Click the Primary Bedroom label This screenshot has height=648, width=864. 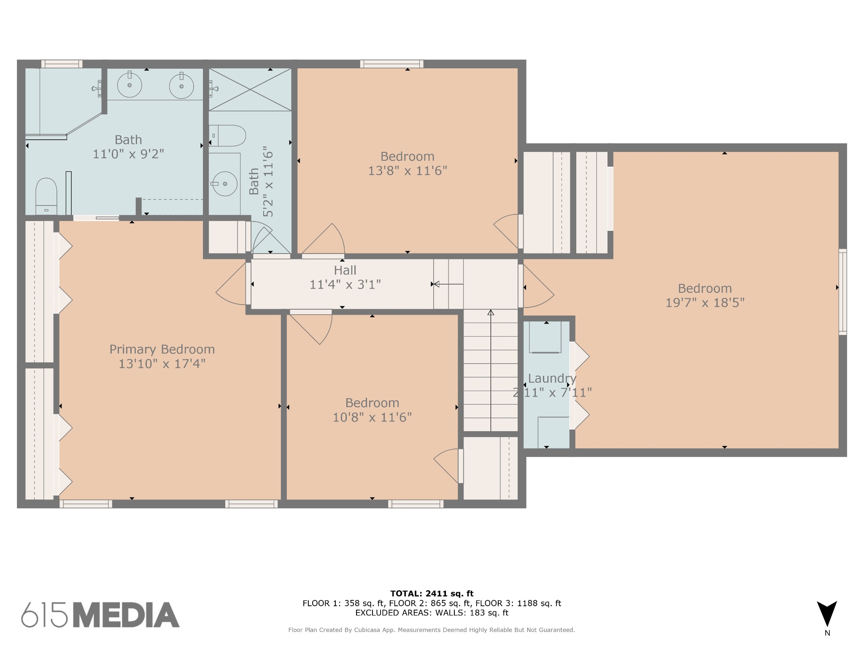click(x=162, y=349)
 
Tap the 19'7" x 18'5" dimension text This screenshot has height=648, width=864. click(x=705, y=303)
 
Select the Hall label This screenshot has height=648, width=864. click(x=345, y=270)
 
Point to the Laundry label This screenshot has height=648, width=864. click(x=552, y=378)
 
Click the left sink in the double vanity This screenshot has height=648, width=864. click(x=130, y=85)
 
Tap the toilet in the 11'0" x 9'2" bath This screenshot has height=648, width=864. click(x=46, y=196)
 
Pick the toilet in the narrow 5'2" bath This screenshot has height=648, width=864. click(x=227, y=135)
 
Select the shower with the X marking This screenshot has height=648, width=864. click(x=250, y=89)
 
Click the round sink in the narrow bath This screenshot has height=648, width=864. click(x=225, y=184)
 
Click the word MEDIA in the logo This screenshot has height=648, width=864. click(x=127, y=615)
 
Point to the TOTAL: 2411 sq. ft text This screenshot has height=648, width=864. click(x=432, y=594)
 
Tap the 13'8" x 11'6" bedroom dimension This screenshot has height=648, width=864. click(x=408, y=171)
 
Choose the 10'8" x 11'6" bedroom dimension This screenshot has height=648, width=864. click(x=372, y=417)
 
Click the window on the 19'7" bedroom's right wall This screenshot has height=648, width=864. click(x=842, y=292)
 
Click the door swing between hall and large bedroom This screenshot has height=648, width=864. click(x=538, y=286)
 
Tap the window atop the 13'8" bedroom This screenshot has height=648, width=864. click(x=392, y=64)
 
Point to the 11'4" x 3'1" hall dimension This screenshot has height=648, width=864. click(x=345, y=285)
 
